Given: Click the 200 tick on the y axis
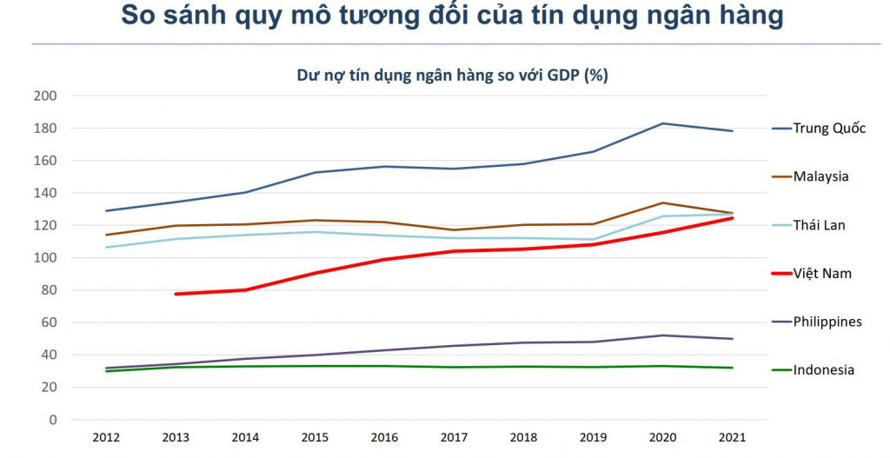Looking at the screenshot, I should pos(45,96).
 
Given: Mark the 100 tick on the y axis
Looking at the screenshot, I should pos(45,258).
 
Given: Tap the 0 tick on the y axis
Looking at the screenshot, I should pos(53,420).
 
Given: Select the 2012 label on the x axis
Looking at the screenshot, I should pos(106,438).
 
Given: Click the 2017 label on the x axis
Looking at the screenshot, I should pos(454,438).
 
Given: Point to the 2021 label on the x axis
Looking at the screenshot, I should pos(732,438).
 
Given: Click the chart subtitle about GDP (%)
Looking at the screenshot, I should pos(452,76).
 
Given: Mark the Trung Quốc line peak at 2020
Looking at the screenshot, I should pos(662,123).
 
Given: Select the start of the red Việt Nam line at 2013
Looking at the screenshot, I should pos(176,294).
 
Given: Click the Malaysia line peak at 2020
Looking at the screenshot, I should pos(662,202).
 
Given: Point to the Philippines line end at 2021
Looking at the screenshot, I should pos(732,339).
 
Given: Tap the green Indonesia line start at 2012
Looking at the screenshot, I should pos(106,371).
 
